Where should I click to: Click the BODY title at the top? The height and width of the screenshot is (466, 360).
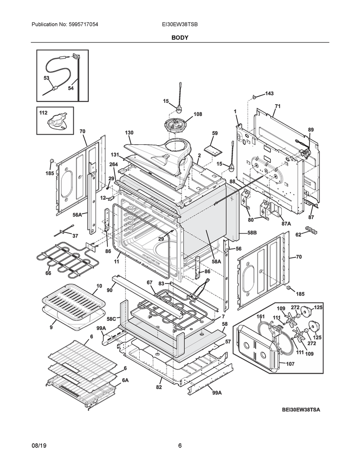180,38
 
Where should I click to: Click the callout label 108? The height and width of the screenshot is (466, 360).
198,114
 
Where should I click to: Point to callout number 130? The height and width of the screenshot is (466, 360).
129,133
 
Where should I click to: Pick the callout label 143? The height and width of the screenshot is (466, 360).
269,93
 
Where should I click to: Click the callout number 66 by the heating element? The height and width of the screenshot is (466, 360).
48,274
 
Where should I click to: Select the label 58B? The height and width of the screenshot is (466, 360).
252,233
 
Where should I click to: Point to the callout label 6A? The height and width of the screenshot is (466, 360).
125,380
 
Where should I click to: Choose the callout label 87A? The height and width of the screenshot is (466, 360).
286,223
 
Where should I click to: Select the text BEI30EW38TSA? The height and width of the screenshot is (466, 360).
300,410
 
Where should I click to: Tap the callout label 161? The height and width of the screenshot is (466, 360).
260,316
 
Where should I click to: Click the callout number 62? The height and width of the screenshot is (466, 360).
298,235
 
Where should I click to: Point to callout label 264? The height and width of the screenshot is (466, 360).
113,164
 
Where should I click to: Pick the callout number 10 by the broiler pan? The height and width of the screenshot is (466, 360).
99,286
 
